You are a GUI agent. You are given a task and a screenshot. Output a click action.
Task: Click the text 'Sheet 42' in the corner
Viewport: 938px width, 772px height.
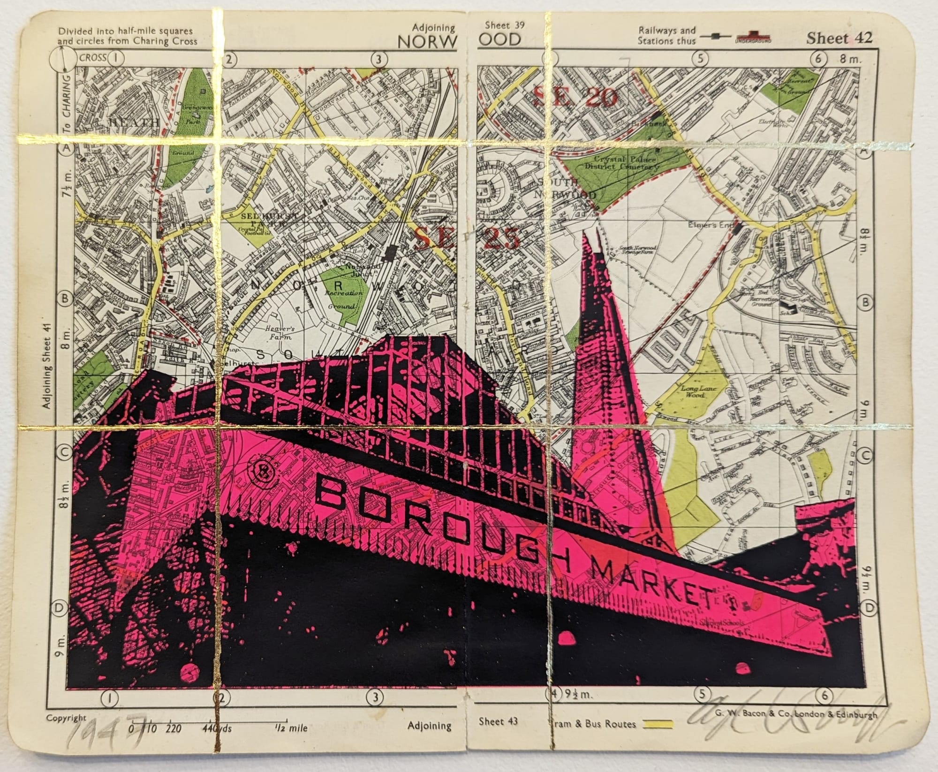(x=839, y=38)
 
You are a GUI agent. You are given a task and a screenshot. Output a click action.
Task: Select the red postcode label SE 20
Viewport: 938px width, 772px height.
(x=576, y=98)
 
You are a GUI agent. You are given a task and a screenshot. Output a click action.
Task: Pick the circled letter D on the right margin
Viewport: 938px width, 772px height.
(x=869, y=608)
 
